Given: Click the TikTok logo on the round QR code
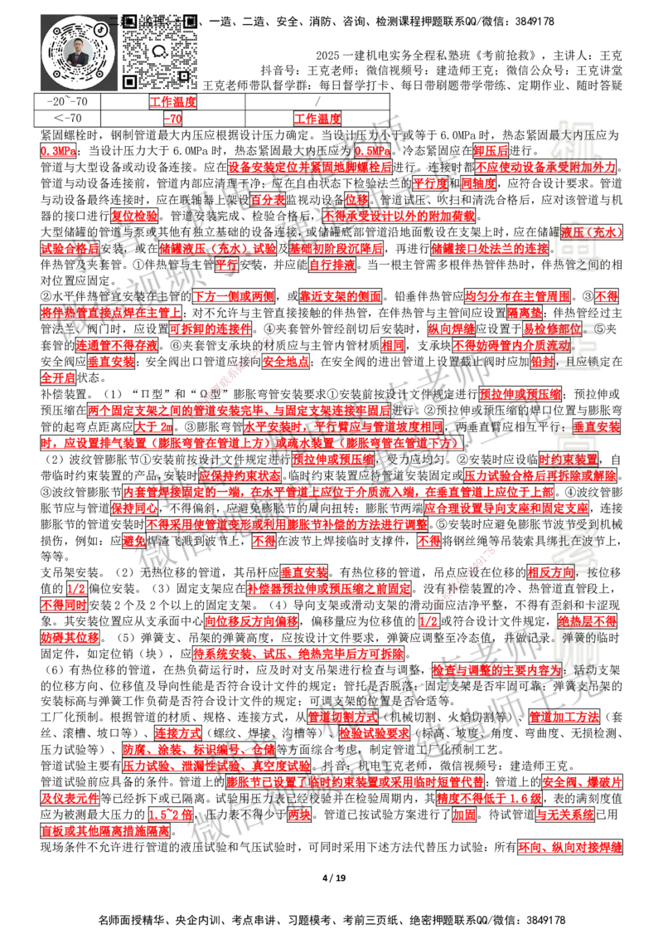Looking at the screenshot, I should pyautogui.click(x=100, y=29).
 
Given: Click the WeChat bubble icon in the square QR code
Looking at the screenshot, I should pyautogui.click(x=160, y=51).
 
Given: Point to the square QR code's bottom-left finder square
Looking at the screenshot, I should pyautogui.click(x=129, y=81).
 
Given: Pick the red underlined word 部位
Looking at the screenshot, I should pyautogui.click(x=569, y=328).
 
